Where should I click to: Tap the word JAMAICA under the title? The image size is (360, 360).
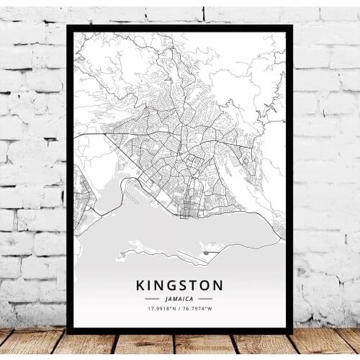pyautogui.click(x=179, y=297)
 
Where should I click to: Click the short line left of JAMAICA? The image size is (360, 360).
pyautogui.click(x=152, y=298)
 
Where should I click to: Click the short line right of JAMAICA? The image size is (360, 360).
pyautogui.click(x=206, y=298)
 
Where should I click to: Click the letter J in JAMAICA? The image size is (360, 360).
pyautogui.click(x=165, y=297)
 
